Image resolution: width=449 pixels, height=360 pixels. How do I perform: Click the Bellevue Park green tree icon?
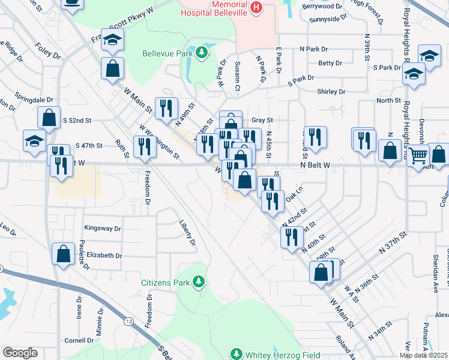(203, 52)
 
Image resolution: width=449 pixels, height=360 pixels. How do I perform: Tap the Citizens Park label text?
(164, 282)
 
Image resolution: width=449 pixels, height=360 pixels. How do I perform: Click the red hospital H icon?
(256, 7)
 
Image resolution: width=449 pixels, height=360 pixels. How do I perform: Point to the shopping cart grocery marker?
(418, 157)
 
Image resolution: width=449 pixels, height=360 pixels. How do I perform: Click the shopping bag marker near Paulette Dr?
(63, 254)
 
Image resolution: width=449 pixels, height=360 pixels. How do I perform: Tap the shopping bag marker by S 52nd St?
(49, 118)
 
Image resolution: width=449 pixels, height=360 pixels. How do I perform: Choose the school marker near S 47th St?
(35, 141)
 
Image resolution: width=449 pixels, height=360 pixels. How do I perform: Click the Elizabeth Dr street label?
(104, 256)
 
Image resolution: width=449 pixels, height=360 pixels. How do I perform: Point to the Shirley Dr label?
(331, 92)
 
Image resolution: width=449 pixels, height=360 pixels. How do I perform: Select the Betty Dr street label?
(330, 63)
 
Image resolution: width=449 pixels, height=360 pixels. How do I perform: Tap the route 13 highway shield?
(130, 322)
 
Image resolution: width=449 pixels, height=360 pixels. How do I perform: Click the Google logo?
(20, 353)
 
